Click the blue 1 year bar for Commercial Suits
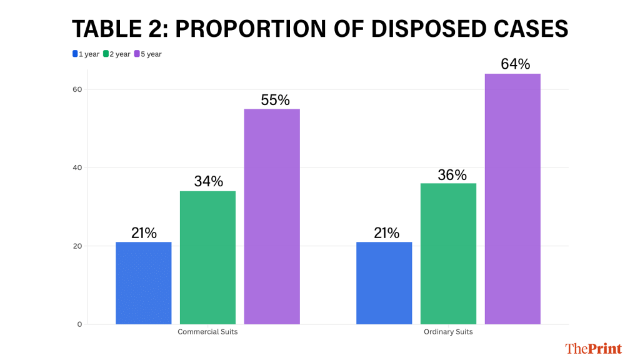pyautogui.click(x=144, y=282)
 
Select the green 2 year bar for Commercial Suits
pyautogui.click(x=207, y=257)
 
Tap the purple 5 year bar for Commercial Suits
pyautogui.click(x=272, y=216)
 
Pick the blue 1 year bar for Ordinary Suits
pyautogui.click(x=384, y=282)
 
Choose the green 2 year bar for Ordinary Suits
pyautogui.click(x=448, y=253)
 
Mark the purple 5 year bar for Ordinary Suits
pyautogui.click(x=512, y=199)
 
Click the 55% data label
pyautogui.click(x=272, y=100)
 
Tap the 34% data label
pyautogui.click(x=208, y=181)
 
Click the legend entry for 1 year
pyautogui.click(x=86, y=54)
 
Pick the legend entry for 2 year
pyautogui.click(x=117, y=54)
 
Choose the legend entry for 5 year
pyautogui.click(x=148, y=54)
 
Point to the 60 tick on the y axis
pyautogui.click(x=77, y=89)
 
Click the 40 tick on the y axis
pyautogui.click(x=77, y=167)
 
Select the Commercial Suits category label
pyautogui.click(x=207, y=332)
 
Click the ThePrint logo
pyautogui.click(x=593, y=348)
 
